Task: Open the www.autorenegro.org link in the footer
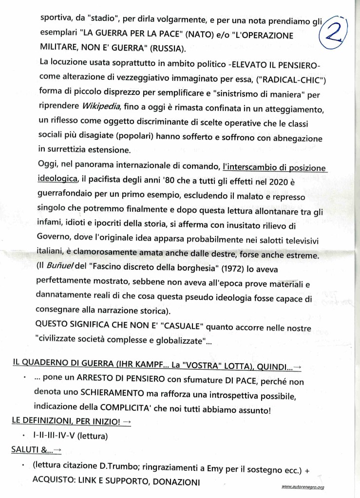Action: (x=303, y=487)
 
